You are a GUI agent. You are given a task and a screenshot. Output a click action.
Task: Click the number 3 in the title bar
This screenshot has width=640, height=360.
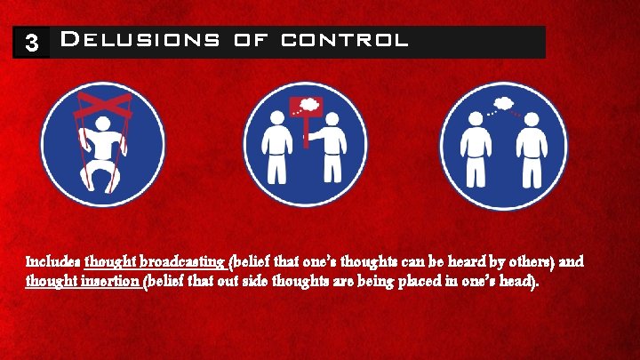pos(31,44)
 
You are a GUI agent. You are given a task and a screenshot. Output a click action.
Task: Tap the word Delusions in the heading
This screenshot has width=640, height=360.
pos(138,41)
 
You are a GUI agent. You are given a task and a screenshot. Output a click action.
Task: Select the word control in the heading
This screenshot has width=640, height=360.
pos(345,41)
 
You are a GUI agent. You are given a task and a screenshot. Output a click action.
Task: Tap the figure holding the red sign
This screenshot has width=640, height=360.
pos(333,152)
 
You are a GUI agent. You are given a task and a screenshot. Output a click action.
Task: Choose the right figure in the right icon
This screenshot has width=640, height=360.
pos(532,151)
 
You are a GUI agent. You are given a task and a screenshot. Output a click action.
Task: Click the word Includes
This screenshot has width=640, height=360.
pos(53,263)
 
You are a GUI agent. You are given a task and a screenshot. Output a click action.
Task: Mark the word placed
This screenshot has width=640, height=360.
pos(411,283)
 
